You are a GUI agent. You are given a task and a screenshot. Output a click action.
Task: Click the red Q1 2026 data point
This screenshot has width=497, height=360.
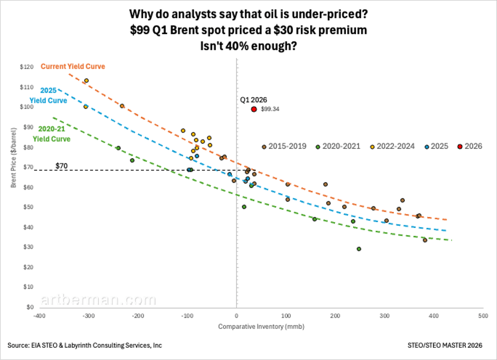(x=254, y=109)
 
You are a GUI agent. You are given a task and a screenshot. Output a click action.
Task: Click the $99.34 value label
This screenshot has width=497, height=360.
(x=270, y=109)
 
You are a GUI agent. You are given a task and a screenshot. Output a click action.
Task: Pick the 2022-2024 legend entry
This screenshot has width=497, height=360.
(x=391, y=146)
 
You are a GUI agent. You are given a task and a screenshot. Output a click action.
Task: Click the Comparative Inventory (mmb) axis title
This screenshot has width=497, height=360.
(x=261, y=327)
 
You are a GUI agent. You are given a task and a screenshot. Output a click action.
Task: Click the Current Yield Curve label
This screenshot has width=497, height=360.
(x=72, y=66)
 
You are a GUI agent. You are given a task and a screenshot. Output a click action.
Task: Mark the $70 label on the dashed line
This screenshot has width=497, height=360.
(x=61, y=166)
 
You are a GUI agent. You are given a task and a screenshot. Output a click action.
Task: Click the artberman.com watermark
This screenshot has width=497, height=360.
(x=98, y=300)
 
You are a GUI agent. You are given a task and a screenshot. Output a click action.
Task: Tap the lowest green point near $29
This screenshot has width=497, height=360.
(x=359, y=249)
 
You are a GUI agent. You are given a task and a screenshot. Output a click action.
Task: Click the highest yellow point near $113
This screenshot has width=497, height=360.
(x=86, y=81)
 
